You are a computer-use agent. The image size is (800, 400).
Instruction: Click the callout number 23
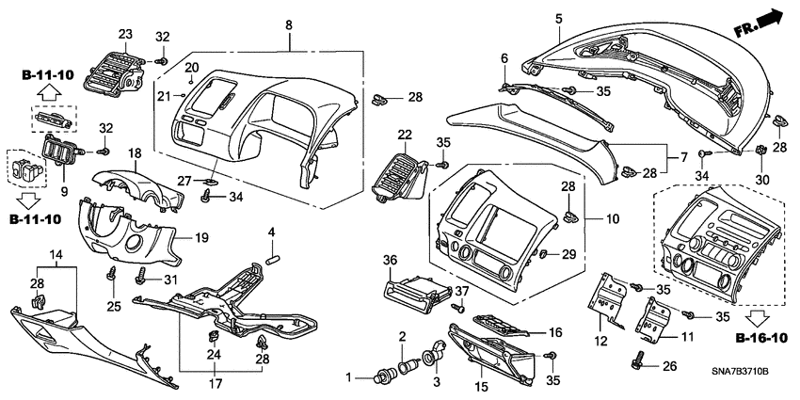124,34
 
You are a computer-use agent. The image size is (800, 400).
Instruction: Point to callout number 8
289,22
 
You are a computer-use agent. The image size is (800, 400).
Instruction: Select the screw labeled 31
142,277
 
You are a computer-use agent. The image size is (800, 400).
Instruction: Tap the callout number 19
201,239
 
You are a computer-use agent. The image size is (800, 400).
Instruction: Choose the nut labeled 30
759,151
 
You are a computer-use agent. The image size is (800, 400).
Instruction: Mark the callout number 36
391,259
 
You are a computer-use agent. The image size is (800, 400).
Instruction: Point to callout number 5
558,18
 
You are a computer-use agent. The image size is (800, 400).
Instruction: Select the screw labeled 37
461,306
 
